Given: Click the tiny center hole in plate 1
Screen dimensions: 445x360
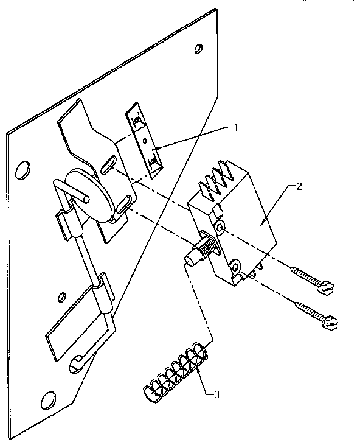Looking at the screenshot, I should [145, 142].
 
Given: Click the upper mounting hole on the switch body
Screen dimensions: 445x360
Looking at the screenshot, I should [220, 227].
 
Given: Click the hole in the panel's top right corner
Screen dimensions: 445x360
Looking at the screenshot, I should [198, 47].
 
